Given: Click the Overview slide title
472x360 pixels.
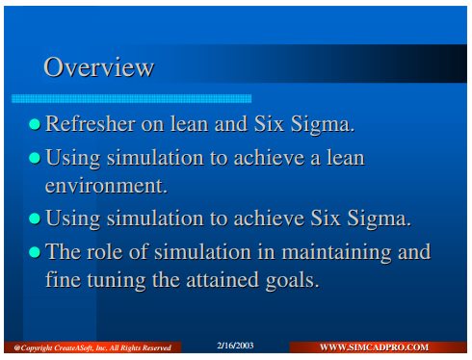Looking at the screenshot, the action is [99, 67].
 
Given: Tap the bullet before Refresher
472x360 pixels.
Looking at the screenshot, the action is [35, 124].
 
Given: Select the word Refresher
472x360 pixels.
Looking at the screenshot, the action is [91, 123].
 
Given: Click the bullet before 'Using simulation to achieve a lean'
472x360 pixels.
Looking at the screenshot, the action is [35, 158].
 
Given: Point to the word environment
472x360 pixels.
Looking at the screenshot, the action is [106, 186].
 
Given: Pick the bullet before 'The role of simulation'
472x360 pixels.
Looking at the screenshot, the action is [35, 252].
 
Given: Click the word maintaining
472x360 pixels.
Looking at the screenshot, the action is [336, 253].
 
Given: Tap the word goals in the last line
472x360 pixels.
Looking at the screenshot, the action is [292, 280].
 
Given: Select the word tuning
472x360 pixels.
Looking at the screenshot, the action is [117, 280].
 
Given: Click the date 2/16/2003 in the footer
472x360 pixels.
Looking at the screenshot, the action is [235, 346].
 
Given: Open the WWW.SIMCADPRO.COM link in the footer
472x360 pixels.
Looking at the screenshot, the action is [374, 347].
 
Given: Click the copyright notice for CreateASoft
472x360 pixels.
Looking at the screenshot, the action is [92, 347].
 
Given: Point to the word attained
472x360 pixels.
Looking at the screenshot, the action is [223, 280].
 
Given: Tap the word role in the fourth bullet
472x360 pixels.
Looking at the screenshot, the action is [105, 251].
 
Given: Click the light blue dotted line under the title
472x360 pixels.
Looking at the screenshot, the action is [131, 98].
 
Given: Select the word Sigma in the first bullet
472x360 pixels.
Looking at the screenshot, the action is [323, 124].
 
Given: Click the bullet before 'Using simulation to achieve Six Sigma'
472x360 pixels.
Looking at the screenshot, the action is [35, 219].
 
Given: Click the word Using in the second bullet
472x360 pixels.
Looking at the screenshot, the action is [73, 159].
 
